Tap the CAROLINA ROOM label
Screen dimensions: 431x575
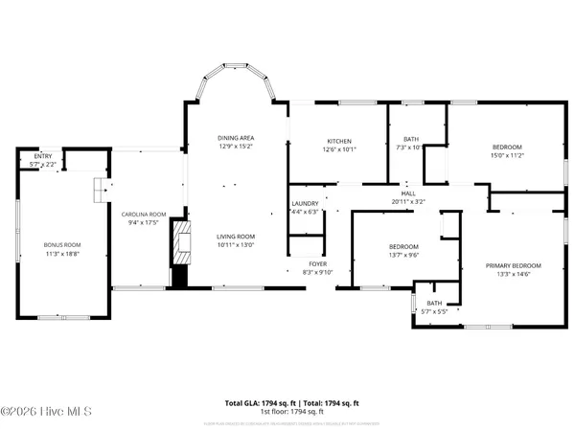tap(143, 215)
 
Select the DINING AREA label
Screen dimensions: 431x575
tap(234, 139)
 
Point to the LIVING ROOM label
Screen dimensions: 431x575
tap(234, 237)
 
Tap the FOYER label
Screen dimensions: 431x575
tap(317, 263)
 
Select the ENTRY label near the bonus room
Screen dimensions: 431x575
tap(43, 157)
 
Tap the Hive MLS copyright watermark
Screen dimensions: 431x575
tap(46, 412)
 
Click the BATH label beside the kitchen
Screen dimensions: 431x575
tap(410, 140)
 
